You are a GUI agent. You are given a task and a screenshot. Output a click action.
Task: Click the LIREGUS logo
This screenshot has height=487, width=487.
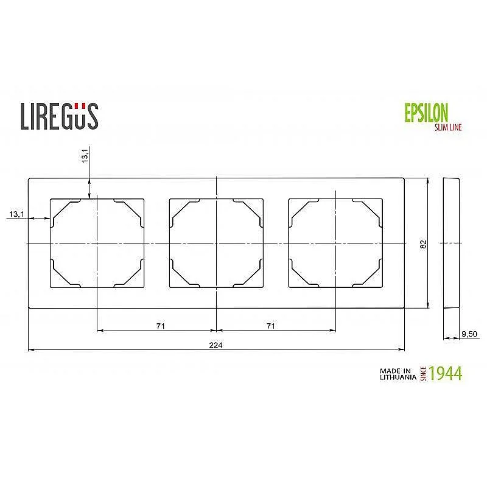tap(59, 116)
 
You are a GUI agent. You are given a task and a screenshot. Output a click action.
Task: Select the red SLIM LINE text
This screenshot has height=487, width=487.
tap(447, 127)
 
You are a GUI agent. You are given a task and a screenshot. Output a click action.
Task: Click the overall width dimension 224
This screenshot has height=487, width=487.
tap(216, 345)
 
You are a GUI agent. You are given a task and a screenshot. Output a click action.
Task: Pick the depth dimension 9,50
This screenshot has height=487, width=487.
tap(468, 333)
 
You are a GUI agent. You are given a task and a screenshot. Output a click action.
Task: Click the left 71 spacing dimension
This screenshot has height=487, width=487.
tap(160, 326)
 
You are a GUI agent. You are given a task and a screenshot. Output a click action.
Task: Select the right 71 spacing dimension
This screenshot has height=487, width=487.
tap(270, 326)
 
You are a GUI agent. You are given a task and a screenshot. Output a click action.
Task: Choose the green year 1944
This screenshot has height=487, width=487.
tap(445, 373)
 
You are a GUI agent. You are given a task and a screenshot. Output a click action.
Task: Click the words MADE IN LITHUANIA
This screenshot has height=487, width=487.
tap(397, 373)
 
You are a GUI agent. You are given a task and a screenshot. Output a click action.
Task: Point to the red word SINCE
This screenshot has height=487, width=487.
tap(423, 374)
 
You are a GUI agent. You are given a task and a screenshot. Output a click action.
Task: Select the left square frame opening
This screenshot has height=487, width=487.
tap(96, 243)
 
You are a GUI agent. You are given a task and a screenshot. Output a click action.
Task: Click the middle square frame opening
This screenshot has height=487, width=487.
tap(216, 243)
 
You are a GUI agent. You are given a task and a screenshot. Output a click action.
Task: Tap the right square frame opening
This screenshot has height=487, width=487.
tap(335, 243)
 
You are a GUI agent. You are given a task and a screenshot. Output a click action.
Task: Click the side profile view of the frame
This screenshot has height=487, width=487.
tap(451, 243)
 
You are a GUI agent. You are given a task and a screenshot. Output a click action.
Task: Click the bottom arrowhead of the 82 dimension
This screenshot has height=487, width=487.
tap(428, 306)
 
